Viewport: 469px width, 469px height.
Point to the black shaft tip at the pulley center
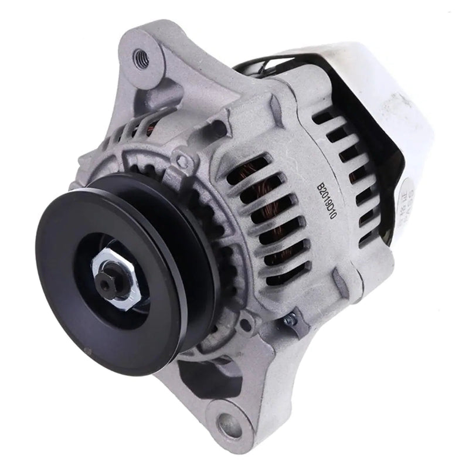[107, 284]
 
